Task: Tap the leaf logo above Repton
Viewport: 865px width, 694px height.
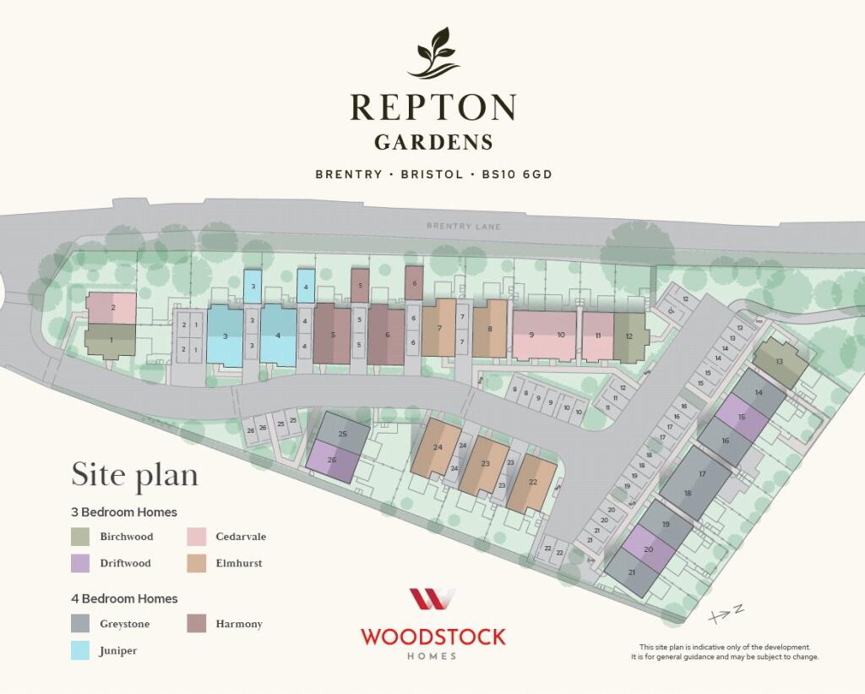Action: (x=434, y=53)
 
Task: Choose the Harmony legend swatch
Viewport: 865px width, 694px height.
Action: (x=196, y=624)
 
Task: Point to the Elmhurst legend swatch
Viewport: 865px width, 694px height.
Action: (x=196, y=563)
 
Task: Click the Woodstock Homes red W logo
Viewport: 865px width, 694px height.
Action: (x=432, y=599)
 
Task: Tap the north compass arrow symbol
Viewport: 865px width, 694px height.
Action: (x=726, y=611)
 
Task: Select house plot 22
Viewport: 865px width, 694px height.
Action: (x=532, y=483)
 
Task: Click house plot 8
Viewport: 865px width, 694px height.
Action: (x=489, y=329)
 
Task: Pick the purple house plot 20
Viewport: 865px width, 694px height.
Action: (x=649, y=549)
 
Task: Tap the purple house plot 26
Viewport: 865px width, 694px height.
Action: (x=331, y=460)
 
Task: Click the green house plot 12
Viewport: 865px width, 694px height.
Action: (x=629, y=336)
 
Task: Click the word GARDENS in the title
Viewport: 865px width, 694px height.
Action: (x=432, y=141)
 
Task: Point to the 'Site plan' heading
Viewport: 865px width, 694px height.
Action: (x=134, y=474)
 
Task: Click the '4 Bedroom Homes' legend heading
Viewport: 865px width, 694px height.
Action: (x=124, y=598)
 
